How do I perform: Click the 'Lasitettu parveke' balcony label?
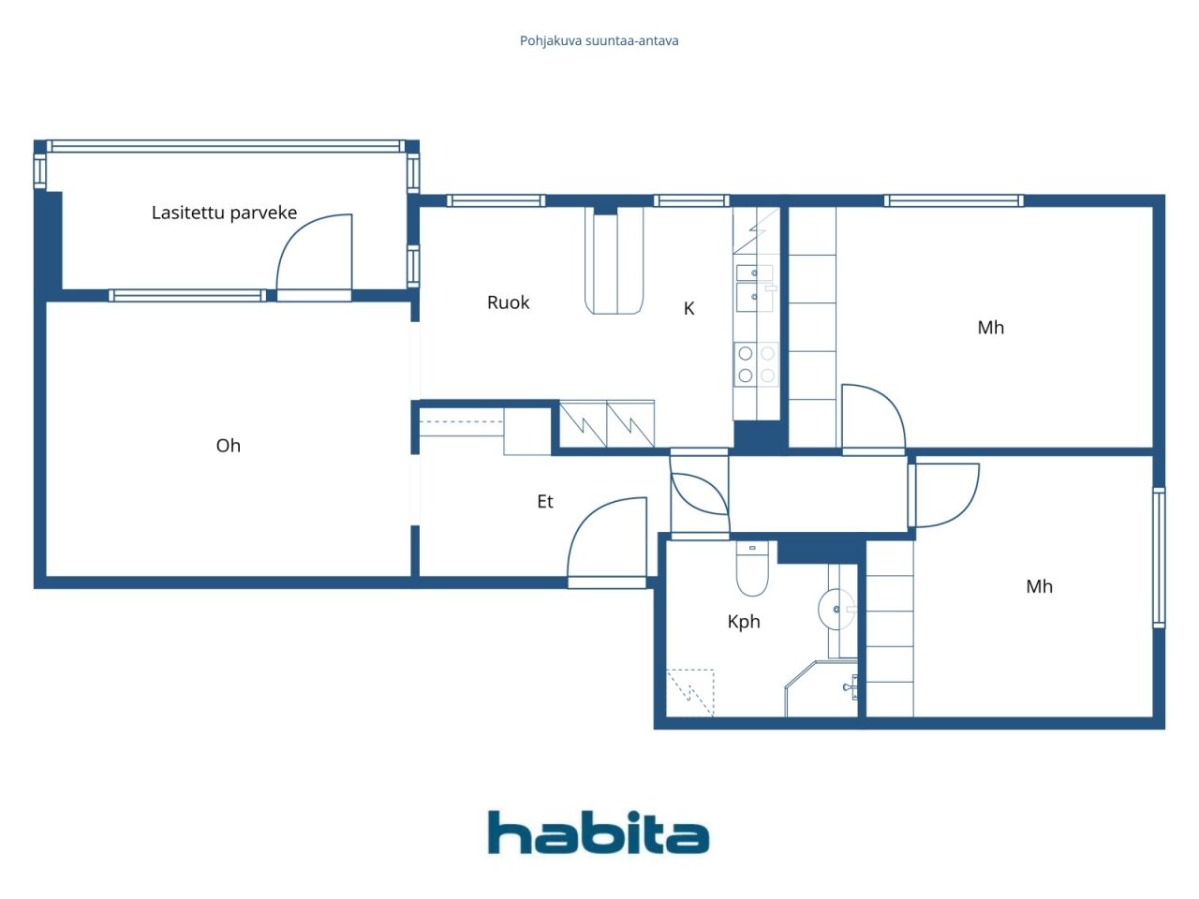tap(224, 213)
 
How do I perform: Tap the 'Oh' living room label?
tap(228, 446)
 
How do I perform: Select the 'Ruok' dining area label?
tap(508, 302)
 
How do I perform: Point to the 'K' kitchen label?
tap(688, 308)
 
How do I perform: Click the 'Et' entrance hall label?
tap(544, 502)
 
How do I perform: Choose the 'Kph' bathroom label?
tap(744, 622)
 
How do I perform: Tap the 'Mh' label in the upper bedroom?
tap(990, 328)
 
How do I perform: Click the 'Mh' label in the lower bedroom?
tap(1039, 587)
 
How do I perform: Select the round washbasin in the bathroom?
tap(835, 610)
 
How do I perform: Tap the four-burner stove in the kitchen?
tap(756, 364)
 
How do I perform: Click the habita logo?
tap(598, 833)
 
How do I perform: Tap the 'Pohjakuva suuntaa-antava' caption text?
tap(599, 41)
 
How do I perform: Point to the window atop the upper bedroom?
tap(954, 200)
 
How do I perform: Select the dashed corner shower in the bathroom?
tap(689, 693)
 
